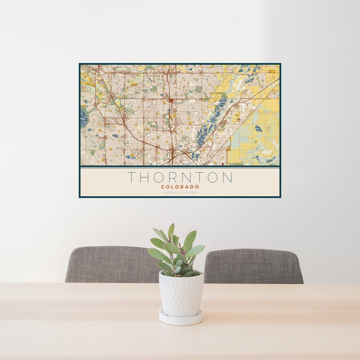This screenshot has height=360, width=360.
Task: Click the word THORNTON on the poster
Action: (x=180, y=178)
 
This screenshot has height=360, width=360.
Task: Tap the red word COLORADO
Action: (x=180, y=187)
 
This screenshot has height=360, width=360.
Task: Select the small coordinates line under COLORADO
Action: (x=180, y=192)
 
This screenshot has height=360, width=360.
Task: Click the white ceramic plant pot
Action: (x=181, y=294)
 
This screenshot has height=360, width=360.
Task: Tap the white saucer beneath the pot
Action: (x=181, y=317)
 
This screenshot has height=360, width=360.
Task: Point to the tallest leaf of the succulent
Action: (x=171, y=231)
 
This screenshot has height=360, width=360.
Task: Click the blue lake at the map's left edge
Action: (x=83, y=117)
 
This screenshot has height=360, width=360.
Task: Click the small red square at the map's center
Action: (x=171, y=100)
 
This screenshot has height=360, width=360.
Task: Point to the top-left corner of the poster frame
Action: (x=80, y=64)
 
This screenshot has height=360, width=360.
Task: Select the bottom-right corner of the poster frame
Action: (x=280, y=197)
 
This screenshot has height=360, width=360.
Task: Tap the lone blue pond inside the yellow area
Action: (x=258, y=128)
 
